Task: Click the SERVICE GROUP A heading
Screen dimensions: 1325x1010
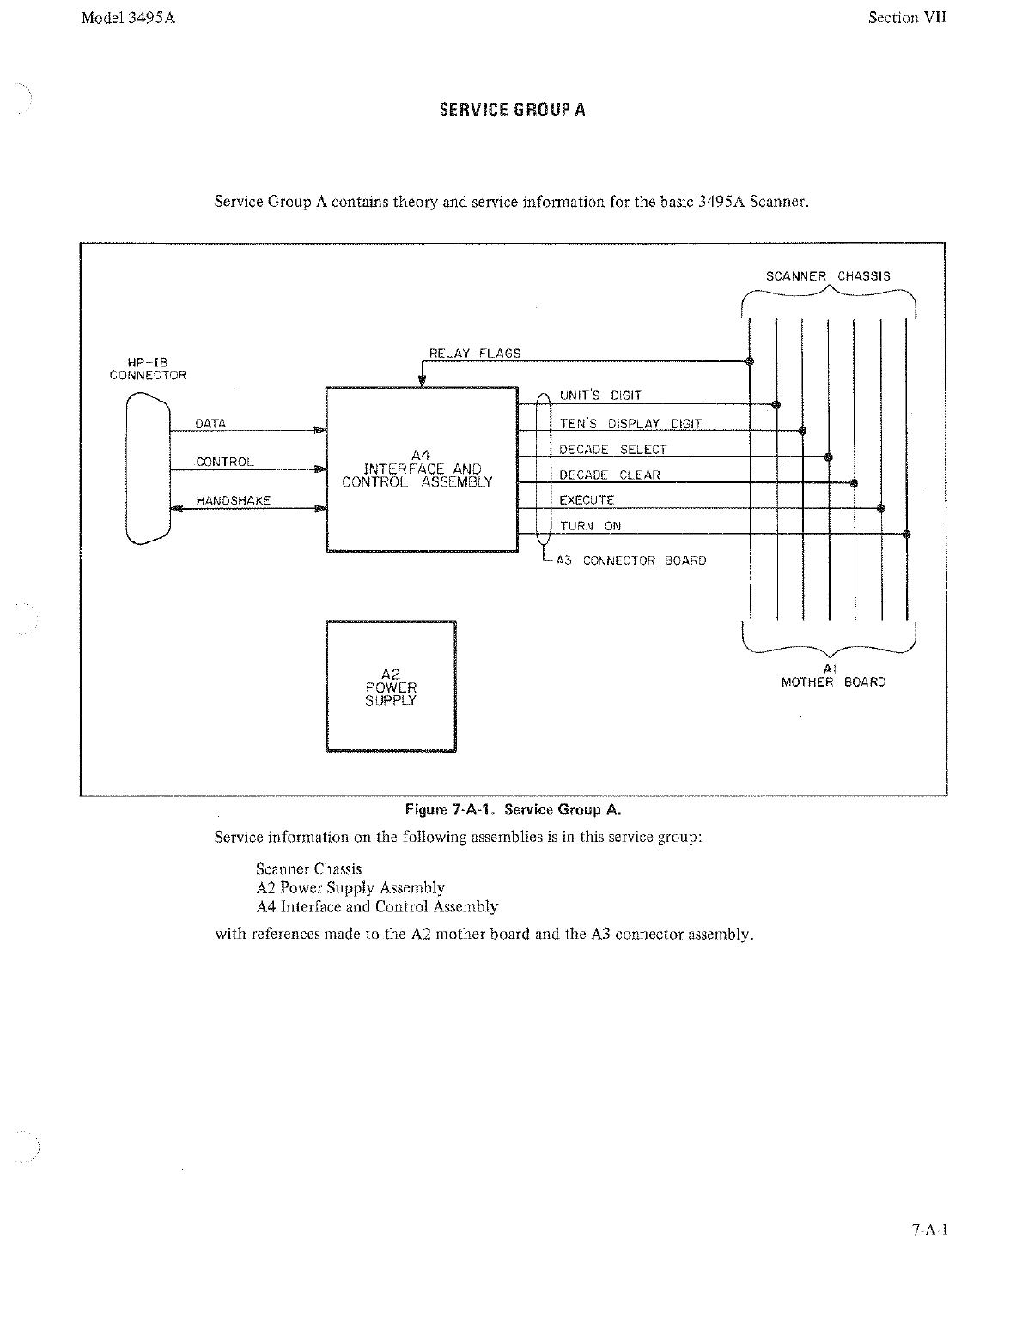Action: click(512, 110)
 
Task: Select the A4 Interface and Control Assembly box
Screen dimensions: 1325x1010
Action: click(422, 469)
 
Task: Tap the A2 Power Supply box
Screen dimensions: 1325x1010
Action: click(391, 687)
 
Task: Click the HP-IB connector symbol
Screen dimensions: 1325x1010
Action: click(148, 469)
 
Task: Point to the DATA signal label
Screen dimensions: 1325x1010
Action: click(210, 423)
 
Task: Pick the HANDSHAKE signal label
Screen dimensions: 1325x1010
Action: click(234, 500)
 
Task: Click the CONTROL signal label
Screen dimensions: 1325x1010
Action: click(225, 462)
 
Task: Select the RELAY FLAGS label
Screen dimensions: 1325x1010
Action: click(475, 353)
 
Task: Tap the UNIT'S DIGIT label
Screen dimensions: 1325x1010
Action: click(600, 396)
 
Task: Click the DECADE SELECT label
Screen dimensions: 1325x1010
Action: click(612, 449)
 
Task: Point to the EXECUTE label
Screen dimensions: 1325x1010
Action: click(587, 500)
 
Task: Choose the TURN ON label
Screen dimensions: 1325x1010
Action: click(590, 526)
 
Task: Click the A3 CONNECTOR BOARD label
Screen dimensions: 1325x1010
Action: click(631, 560)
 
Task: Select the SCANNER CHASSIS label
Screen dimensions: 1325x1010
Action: click(828, 276)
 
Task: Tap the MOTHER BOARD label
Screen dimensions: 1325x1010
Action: click(832, 682)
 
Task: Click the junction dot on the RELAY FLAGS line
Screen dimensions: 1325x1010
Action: click(750, 361)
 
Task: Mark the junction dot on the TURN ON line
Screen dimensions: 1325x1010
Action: click(908, 534)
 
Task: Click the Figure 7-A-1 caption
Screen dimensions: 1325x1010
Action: click(513, 809)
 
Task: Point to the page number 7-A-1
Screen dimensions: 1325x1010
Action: click(928, 1229)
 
